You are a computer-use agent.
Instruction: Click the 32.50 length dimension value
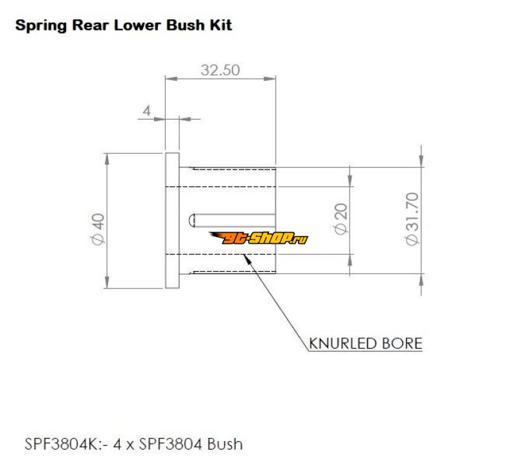tap(220, 70)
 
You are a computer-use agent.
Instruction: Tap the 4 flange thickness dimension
tap(146, 111)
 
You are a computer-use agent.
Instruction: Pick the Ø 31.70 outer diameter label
tap(412, 219)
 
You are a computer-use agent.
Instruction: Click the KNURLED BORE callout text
tap(366, 343)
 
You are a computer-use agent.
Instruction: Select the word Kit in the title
tap(220, 26)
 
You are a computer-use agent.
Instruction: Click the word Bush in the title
tap(186, 26)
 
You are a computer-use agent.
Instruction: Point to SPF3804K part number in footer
tap(55, 444)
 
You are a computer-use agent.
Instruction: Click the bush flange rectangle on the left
tap(172, 220)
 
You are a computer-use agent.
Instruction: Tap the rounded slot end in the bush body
tap(192, 220)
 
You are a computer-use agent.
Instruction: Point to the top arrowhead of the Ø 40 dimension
tap(106, 157)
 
